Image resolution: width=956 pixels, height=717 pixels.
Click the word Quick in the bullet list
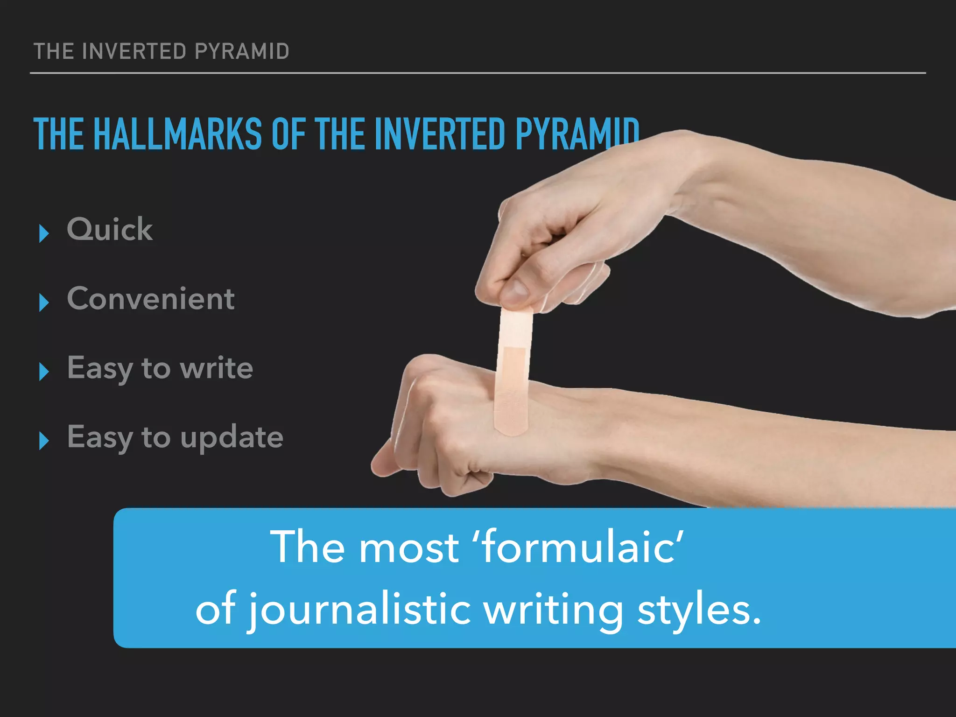(110, 230)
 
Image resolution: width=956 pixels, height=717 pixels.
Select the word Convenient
(151, 299)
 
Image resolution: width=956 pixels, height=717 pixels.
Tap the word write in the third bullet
(217, 368)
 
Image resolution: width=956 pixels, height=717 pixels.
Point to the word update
(232, 438)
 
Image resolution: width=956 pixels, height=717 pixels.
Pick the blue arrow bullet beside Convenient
(44, 302)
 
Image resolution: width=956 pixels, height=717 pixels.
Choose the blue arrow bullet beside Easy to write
(44, 372)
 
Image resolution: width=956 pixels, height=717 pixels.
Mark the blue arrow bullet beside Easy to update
(44, 441)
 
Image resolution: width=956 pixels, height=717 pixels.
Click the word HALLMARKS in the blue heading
(178, 134)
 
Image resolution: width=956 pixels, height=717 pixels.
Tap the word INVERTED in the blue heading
(440, 134)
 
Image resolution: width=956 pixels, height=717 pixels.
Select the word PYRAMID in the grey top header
(242, 51)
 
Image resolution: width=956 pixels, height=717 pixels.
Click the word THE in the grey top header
(54, 51)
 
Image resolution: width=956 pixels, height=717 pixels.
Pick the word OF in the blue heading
(288, 134)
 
